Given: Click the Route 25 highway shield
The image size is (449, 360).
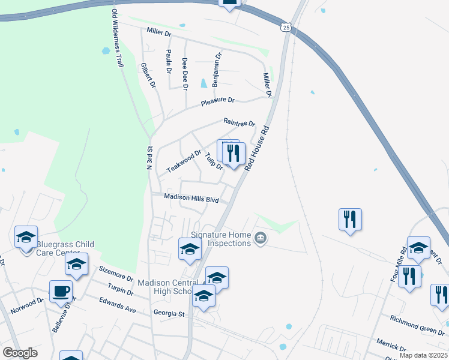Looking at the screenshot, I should (286, 28).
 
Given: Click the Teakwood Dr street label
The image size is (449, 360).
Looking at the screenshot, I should (184, 162).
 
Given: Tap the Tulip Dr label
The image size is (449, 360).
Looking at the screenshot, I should (214, 161).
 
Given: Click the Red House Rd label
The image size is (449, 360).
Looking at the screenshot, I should (259, 146).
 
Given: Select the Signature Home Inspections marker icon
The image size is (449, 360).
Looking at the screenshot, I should (260, 239).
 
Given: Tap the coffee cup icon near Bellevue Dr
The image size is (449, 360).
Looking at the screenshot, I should (61, 292).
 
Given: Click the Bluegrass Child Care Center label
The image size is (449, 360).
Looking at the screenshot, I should (65, 248).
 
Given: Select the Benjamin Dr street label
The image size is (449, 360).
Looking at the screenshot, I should (217, 68).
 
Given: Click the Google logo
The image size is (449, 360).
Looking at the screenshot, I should (20, 353).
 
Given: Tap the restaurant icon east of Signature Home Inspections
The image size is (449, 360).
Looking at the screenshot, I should (350, 219).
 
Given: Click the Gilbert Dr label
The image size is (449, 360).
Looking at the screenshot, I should (147, 77).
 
